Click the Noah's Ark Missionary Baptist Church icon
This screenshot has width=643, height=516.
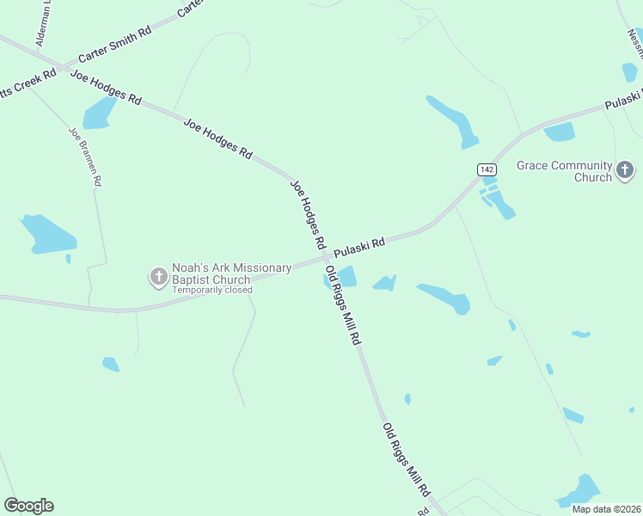pyautogui.click(x=159, y=277)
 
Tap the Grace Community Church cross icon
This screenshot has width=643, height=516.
pyautogui.click(x=625, y=169)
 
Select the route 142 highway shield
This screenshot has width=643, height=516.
pyautogui.click(x=487, y=169)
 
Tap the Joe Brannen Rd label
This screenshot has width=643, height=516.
pyautogui.click(x=85, y=157)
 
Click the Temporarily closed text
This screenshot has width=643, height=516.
pyautogui.click(x=212, y=290)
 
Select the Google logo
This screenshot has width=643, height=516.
pyautogui.click(x=28, y=506)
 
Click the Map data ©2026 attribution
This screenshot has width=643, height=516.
pyautogui.click(x=606, y=509)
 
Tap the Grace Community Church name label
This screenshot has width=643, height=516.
pyautogui.click(x=564, y=171)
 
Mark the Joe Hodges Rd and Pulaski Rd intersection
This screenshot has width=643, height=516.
pyautogui.click(x=326, y=257)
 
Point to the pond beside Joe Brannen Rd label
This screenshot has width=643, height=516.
pyautogui.click(x=48, y=234)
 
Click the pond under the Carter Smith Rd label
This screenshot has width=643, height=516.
pyautogui.click(x=99, y=113)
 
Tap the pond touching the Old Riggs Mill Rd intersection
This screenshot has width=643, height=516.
pyautogui.click(x=346, y=277)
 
